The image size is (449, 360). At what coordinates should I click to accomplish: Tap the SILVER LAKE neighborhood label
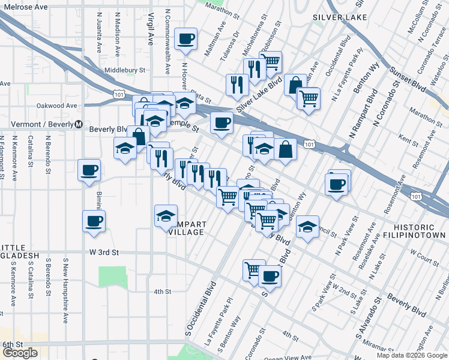pyautogui.click(x=341, y=17)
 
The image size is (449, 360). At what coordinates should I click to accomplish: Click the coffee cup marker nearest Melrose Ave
pyautogui.click(x=185, y=40)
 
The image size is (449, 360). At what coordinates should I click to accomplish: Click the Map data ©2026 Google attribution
pyautogui.click(x=412, y=355)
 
